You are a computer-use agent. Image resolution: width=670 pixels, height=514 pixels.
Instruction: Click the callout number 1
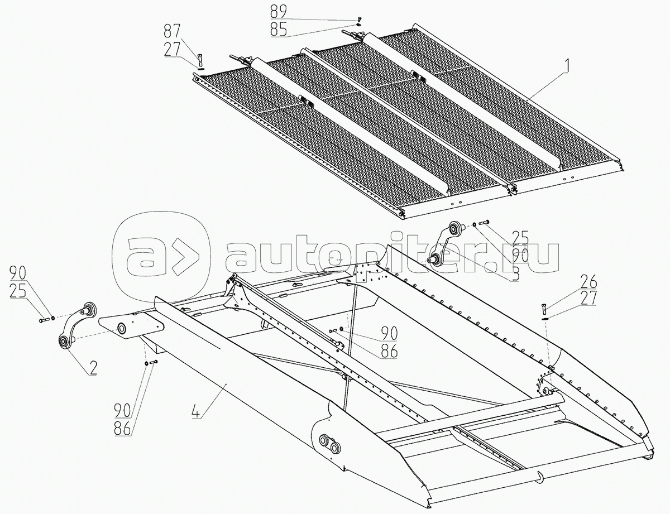coord(567,66)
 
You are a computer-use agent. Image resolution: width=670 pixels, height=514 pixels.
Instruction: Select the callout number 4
coord(197,413)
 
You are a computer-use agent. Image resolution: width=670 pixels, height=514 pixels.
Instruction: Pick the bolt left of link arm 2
coord(44,320)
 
